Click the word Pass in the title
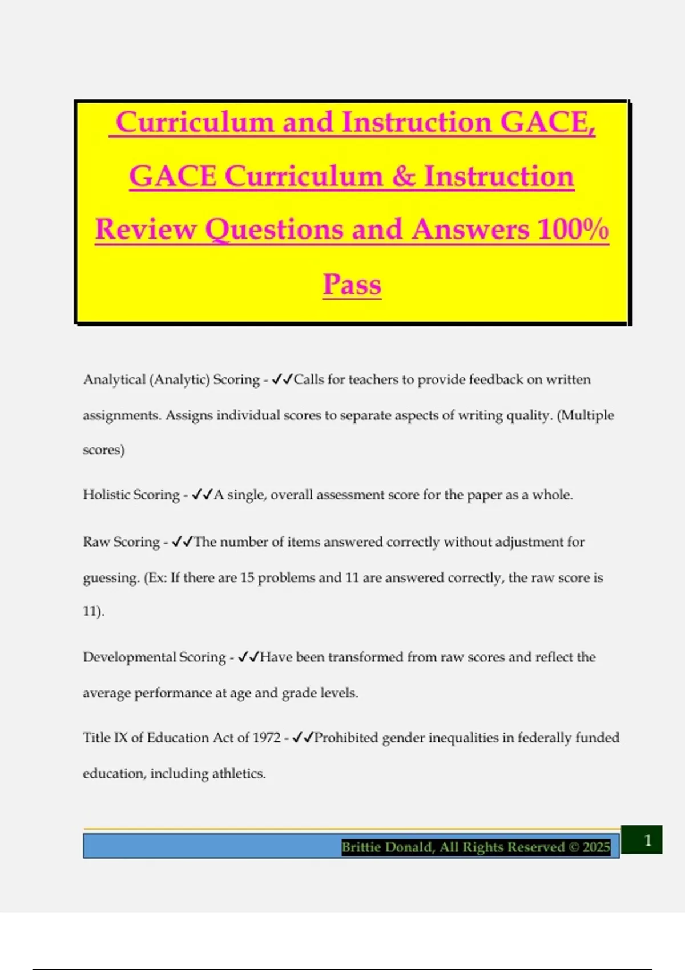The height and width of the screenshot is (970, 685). [352, 284]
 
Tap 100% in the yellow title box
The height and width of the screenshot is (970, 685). [573, 229]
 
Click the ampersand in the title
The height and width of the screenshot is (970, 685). [404, 176]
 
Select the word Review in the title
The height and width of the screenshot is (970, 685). [146, 229]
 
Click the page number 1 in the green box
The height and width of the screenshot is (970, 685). [647, 840]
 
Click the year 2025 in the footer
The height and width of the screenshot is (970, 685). [596, 847]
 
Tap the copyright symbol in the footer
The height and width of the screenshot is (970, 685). [574, 847]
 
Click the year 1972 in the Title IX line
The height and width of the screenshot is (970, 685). [266, 738]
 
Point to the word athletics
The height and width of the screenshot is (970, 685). [239, 774]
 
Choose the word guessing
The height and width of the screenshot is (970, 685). [111, 578]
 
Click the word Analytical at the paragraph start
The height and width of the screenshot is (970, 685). [114, 379]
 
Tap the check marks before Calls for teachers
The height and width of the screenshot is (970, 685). [282, 379]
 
